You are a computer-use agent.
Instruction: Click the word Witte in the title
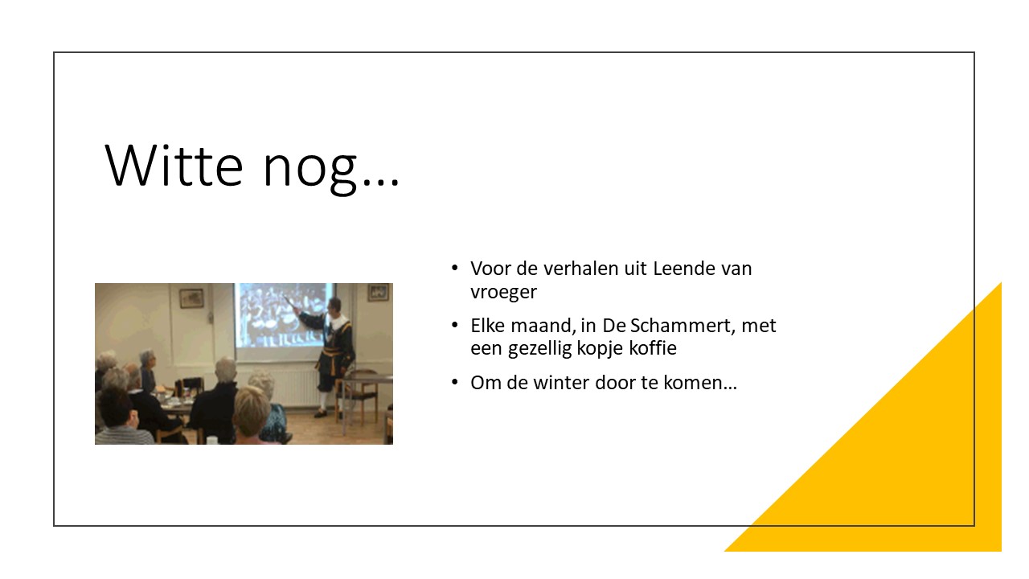point(174,165)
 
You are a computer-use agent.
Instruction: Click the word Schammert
point(678,326)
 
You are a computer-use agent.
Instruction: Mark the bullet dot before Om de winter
point(455,382)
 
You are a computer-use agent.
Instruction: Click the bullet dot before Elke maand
point(455,325)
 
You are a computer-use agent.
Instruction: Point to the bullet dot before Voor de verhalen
point(455,268)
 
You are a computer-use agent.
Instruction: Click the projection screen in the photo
point(282,314)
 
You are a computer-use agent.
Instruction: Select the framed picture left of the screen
point(191,298)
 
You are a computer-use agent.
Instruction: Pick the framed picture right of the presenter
point(379,293)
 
